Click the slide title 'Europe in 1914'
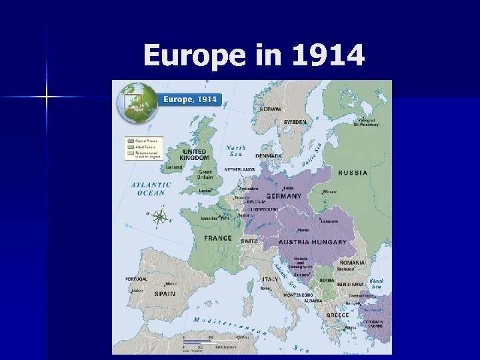(254, 55)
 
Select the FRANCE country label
(218, 238)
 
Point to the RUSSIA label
(353, 173)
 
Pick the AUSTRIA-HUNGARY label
(313, 242)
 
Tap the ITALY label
(270, 279)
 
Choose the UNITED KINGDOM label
(195, 154)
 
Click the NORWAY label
(270, 109)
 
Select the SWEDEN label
(295, 122)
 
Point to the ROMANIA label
(351, 263)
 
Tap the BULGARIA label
(350, 284)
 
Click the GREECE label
(337, 315)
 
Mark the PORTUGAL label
(137, 279)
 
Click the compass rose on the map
(160, 216)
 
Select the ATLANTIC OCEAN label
(151, 189)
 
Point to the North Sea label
(236, 151)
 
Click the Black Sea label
(377, 284)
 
